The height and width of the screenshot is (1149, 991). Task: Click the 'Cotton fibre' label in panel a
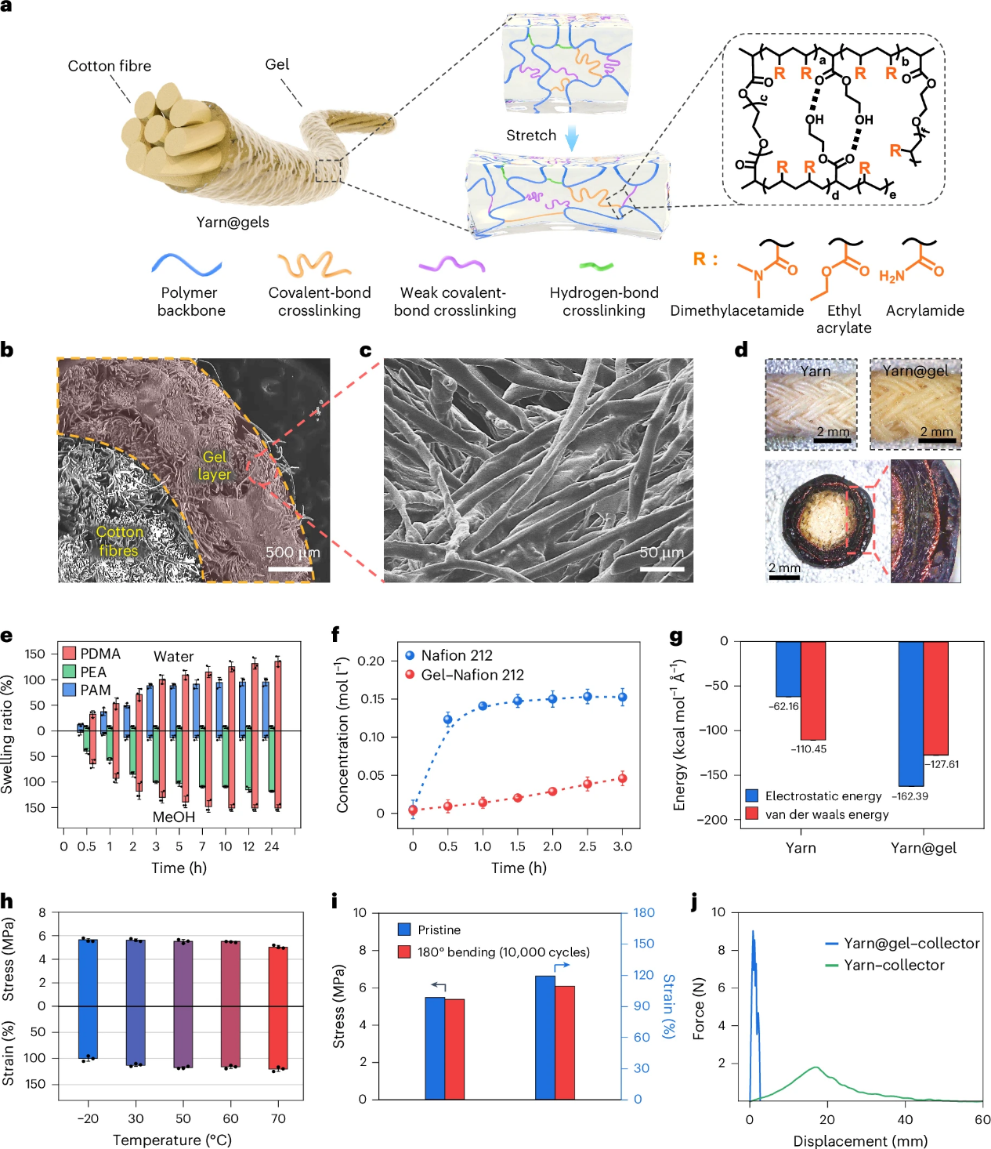pos(109,66)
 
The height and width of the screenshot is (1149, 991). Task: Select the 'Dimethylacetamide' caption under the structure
pos(736,310)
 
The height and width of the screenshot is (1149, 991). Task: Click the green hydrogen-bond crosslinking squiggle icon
pos(596,266)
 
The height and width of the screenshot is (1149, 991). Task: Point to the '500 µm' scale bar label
pos(292,553)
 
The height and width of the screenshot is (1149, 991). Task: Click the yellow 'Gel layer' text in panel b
pos(214,466)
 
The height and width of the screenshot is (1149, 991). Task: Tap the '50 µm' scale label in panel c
pos(661,553)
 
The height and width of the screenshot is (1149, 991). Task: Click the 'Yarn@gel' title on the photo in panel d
pos(915,371)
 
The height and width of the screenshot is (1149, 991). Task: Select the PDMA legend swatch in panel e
pos(69,654)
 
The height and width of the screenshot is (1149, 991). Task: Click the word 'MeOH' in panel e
pos(174,817)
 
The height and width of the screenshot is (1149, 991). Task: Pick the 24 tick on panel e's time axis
pos(272,846)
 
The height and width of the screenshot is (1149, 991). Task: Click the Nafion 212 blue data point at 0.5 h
pos(448,719)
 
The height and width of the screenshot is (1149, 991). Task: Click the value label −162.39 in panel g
pos(910,796)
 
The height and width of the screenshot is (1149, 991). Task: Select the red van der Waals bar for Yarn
pos(813,690)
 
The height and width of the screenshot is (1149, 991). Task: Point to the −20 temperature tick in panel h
pos(88,1118)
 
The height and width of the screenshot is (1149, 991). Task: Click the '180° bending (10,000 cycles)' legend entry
pos(503,952)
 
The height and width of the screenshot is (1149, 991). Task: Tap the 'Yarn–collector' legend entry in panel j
pos(894,965)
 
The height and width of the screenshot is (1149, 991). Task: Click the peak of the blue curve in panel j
pos(753,932)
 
